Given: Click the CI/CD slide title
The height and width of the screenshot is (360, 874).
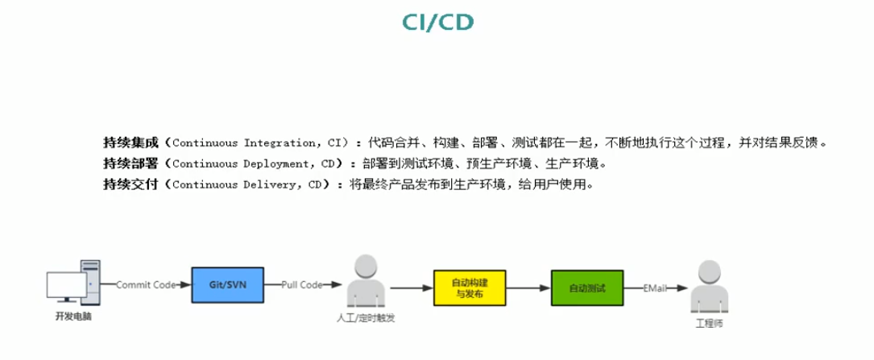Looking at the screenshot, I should coord(437,22).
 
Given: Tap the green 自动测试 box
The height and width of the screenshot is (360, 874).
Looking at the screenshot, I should coord(587,288).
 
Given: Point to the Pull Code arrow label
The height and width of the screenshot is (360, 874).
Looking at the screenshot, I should coord(302,285).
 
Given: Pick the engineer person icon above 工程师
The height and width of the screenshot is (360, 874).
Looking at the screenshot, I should coord(709,288).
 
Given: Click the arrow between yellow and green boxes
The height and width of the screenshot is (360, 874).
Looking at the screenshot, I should coord(529,288).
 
